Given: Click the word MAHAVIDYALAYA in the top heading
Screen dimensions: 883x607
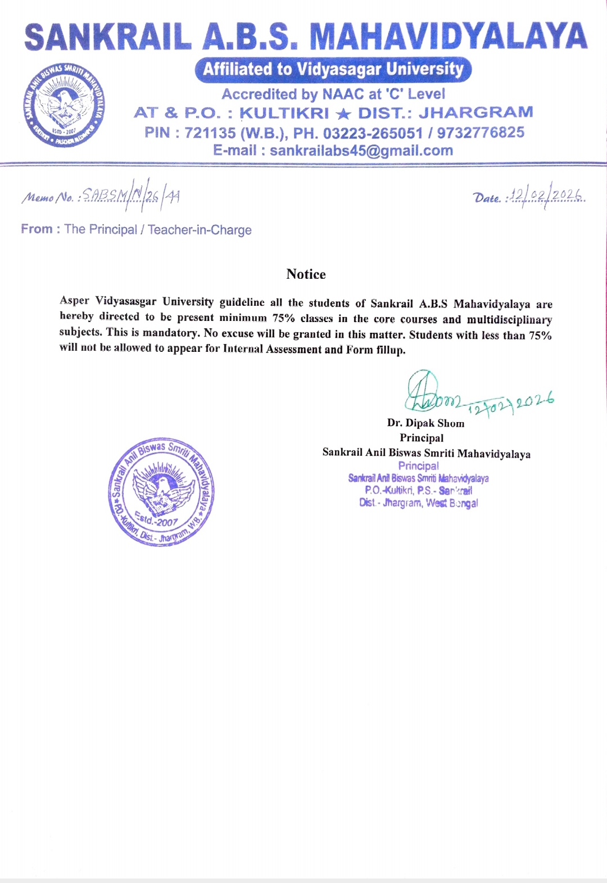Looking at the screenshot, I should (x=449, y=37).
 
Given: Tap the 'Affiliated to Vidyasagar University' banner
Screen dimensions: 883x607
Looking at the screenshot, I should (x=333, y=69).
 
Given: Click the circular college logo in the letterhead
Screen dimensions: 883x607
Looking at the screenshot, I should (x=64, y=105).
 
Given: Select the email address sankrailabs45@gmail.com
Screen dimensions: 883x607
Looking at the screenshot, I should (x=361, y=151).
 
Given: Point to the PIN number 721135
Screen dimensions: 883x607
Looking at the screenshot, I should (x=210, y=133).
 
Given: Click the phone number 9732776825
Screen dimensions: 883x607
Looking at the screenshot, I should (x=481, y=133).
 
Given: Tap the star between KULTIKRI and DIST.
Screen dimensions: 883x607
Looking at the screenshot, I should (x=343, y=114).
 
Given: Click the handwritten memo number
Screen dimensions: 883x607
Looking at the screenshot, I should (x=130, y=196).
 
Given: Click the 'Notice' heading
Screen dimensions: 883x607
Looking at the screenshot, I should (x=306, y=274).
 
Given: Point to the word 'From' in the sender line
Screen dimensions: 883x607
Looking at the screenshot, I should (x=37, y=229).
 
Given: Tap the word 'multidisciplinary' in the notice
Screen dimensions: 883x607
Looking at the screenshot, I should (x=509, y=319).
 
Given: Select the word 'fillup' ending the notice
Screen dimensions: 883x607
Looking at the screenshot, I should (x=390, y=350).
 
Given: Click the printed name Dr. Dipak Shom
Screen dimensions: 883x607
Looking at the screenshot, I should (x=425, y=423).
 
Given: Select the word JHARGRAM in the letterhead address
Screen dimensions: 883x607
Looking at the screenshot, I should (x=475, y=112).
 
